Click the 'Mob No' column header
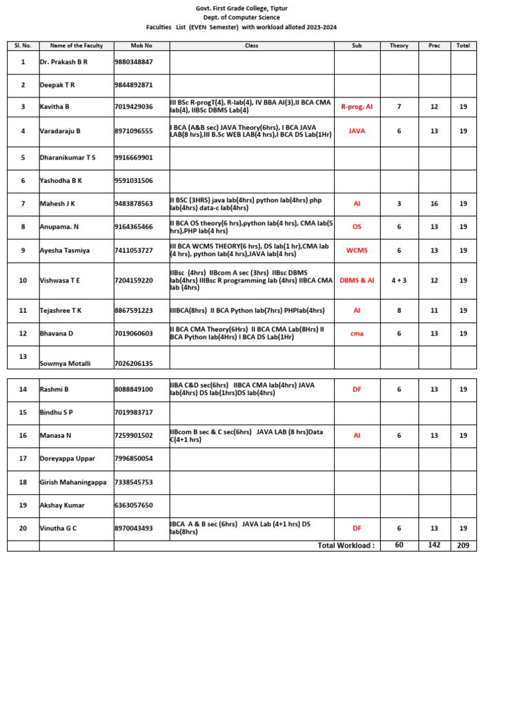coord(141,46)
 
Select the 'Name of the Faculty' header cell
coord(77,46)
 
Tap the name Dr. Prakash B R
coord(64,62)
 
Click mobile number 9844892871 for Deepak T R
coord(134,85)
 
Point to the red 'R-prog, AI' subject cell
coord(357,107)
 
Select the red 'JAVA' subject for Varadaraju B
coord(357,130)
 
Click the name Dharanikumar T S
coord(68,157)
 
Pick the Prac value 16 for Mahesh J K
coord(434,204)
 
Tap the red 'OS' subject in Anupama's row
coord(357,226)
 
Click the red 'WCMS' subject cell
coord(357,251)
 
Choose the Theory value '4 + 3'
coord(399,280)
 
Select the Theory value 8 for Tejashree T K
coord(399,311)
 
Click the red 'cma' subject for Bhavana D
coord(357,333)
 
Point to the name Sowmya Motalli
coord(66,363)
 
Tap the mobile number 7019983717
coord(134,412)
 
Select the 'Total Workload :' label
coord(346,545)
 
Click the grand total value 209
coord(463,545)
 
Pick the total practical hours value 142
coord(434,545)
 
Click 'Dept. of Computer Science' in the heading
coord(242,17)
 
